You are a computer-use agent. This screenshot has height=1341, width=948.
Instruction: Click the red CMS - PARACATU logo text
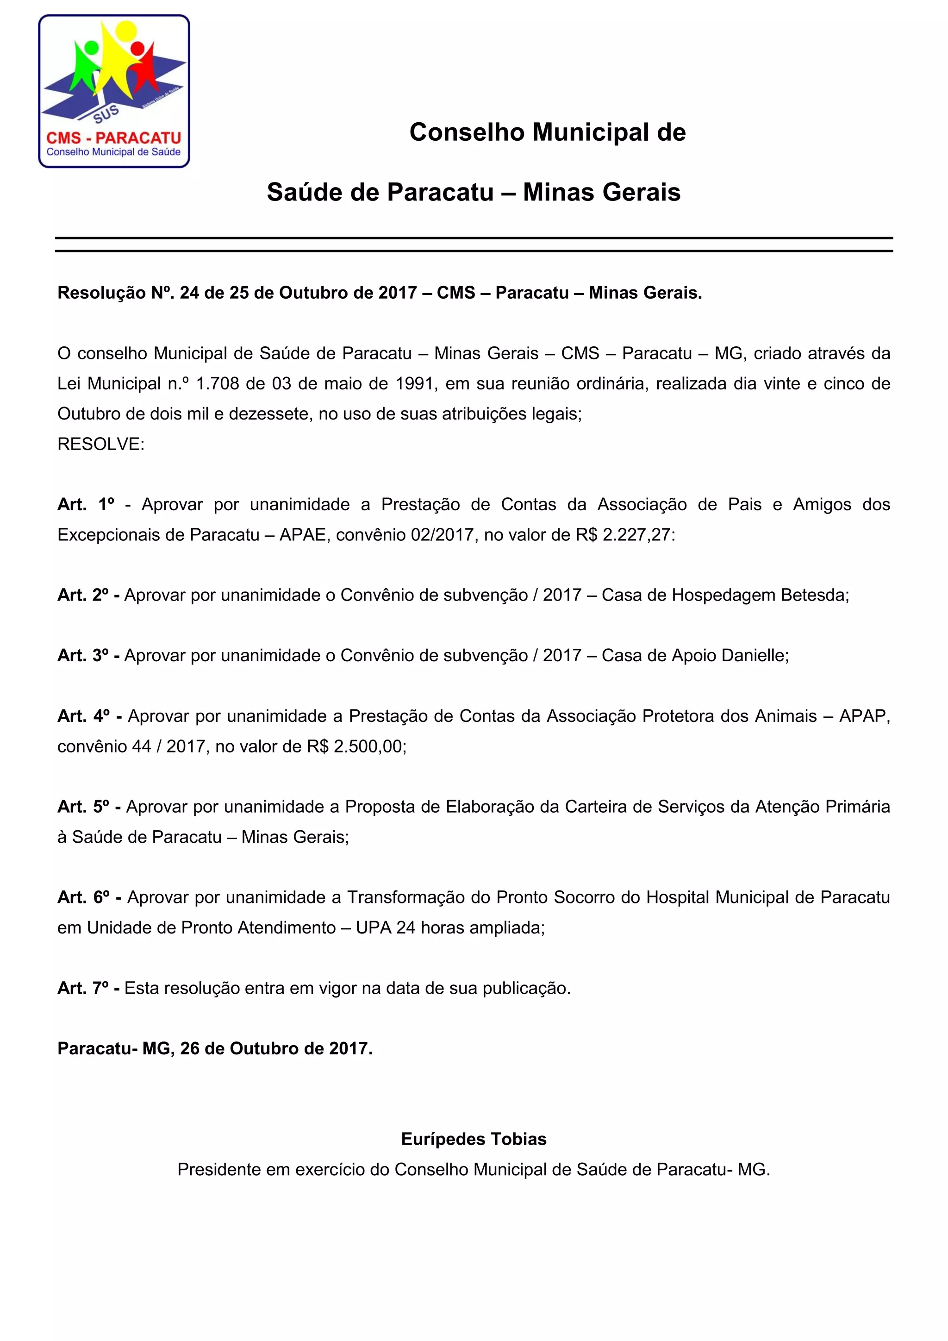pyautogui.click(x=114, y=138)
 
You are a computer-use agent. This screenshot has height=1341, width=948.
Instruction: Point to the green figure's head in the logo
pyautogui.click(x=91, y=47)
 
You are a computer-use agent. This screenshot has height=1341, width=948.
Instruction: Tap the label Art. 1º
pyautogui.click(x=86, y=505)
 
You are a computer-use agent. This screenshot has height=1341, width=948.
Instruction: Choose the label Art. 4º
pyautogui.click(x=83, y=716)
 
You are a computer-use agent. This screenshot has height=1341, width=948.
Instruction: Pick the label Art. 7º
pyautogui.click(x=83, y=988)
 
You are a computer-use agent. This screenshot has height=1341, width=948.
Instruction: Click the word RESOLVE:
pyautogui.click(x=100, y=445)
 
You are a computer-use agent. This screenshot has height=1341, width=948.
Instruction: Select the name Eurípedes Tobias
pyautogui.click(x=474, y=1139)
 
